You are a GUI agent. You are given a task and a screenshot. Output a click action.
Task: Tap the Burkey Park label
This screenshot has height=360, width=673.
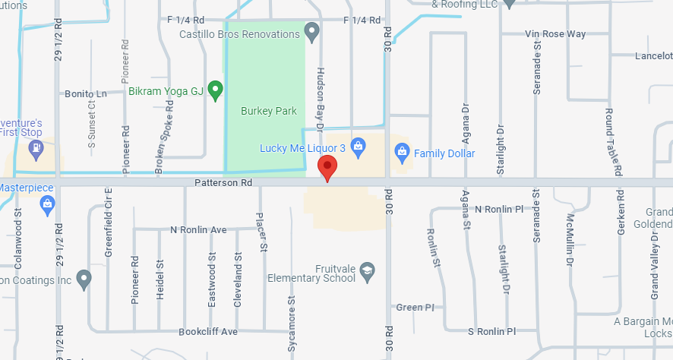[x=268, y=111]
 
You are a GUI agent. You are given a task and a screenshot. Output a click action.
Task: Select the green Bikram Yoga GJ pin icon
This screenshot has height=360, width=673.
[x=216, y=91]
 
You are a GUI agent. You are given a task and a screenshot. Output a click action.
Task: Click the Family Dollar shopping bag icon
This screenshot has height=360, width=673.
[x=403, y=153]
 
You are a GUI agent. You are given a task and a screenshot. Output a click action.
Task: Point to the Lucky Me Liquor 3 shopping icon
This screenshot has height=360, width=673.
[x=359, y=146]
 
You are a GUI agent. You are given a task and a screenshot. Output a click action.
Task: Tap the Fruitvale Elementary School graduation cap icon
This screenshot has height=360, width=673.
[x=368, y=270]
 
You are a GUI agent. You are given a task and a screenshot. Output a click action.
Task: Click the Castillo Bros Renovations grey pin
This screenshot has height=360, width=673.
[x=311, y=31]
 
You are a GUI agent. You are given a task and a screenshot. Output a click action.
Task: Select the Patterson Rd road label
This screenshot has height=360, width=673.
[x=223, y=183]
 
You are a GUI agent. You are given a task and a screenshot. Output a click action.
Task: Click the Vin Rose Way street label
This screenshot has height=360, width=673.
[x=556, y=34]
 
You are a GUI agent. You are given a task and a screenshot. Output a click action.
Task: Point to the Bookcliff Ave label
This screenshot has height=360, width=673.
[x=208, y=332]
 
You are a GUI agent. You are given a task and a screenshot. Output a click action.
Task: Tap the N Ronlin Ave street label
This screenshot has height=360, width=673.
[x=198, y=229]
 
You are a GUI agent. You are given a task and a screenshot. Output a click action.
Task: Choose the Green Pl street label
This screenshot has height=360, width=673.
[x=415, y=308]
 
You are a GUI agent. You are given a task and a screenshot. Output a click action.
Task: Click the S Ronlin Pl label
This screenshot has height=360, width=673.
[x=491, y=331]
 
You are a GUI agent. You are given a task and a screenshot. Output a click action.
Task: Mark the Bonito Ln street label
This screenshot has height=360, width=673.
[x=86, y=93]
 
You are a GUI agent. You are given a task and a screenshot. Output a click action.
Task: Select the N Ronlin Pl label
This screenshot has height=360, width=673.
[x=499, y=209]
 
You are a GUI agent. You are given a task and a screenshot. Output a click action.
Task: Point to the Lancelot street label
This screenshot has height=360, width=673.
[x=653, y=56]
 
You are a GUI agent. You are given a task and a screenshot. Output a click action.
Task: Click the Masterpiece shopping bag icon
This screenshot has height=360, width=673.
[x=48, y=204]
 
